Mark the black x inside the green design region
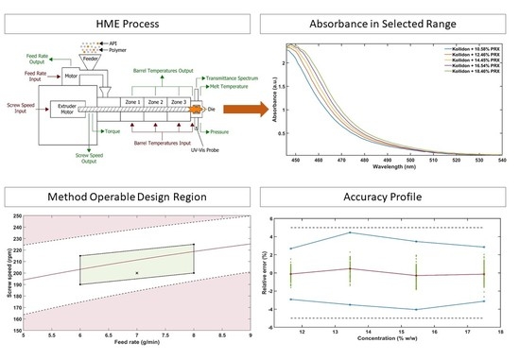coord(137,273)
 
